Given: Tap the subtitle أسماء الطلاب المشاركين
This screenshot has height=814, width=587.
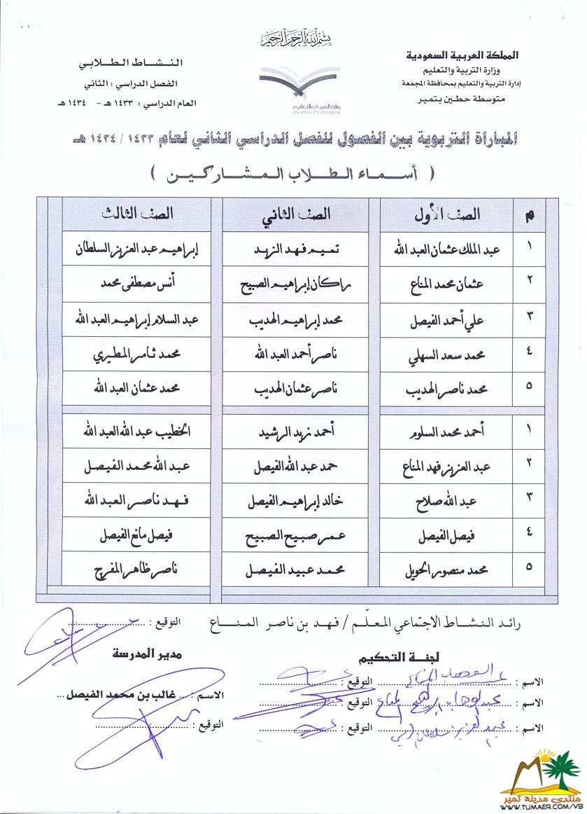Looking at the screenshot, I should click(x=294, y=173).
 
